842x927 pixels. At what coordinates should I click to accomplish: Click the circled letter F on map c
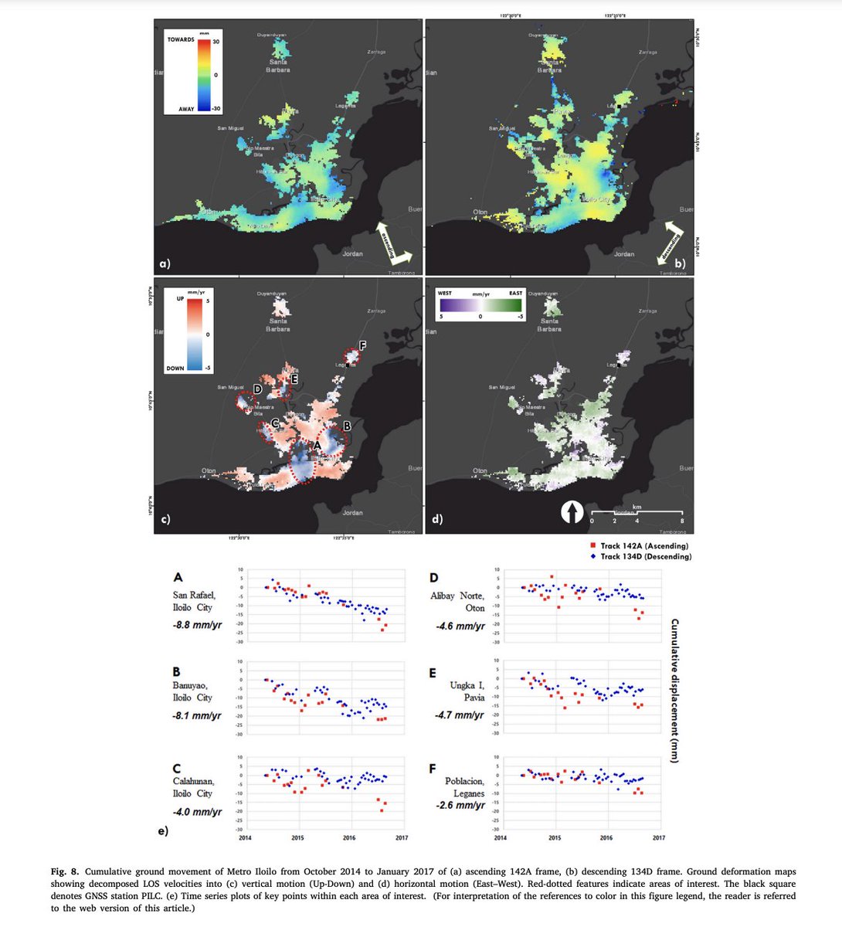[x=364, y=346]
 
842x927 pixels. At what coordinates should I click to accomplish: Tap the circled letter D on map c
[x=256, y=389]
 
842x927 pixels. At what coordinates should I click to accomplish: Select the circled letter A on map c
[x=316, y=447]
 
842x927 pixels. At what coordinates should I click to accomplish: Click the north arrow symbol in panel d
[x=571, y=512]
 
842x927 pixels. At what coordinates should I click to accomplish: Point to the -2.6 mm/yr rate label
[x=460, y=806]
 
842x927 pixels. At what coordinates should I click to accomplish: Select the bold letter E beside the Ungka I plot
[x=433, y=673]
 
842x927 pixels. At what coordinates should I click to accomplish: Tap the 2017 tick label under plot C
[x=401, y=837]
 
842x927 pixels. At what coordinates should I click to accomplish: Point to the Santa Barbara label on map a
[x=278, y=66]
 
